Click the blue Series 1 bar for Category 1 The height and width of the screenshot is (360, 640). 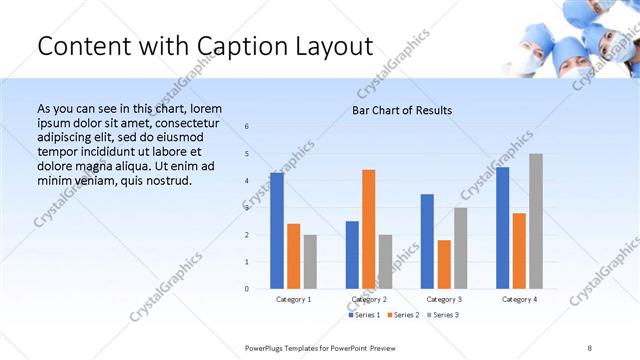[277, 231]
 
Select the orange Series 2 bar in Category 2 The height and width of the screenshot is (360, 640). [369, 229]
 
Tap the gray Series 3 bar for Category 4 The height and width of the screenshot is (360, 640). [536, 221]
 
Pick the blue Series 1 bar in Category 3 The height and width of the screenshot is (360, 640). [427, 241]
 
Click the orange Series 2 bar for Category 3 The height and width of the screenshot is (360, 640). [444, 264]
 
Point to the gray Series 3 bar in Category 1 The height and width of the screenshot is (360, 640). [310, 262]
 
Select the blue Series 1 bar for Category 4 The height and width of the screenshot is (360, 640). [503, 228]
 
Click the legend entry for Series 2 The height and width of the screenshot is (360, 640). [403, 315]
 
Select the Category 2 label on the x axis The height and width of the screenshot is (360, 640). [369, 299]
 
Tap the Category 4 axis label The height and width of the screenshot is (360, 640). [519, 299]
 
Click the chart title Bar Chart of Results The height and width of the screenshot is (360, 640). [402, 110]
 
